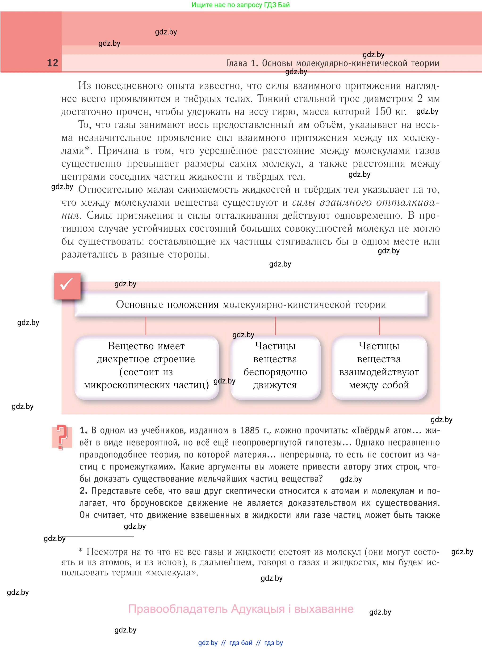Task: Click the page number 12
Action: click(53, 63)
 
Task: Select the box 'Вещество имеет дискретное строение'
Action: click(146, 366)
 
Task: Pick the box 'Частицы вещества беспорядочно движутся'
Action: click(275, 366)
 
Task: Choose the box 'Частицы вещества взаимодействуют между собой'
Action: click(379, 366)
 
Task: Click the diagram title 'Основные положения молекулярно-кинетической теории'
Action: click(251, 304)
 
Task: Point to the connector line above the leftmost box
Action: click(146, 326)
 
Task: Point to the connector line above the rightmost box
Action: click(379, 326)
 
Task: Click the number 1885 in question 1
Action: click(249, 430)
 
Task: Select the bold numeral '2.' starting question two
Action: click(84, 491)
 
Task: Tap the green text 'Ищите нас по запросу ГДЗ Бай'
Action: click(240, 5)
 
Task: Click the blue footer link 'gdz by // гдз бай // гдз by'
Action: click(240, 643)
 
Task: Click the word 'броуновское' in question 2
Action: click(156, 503)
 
